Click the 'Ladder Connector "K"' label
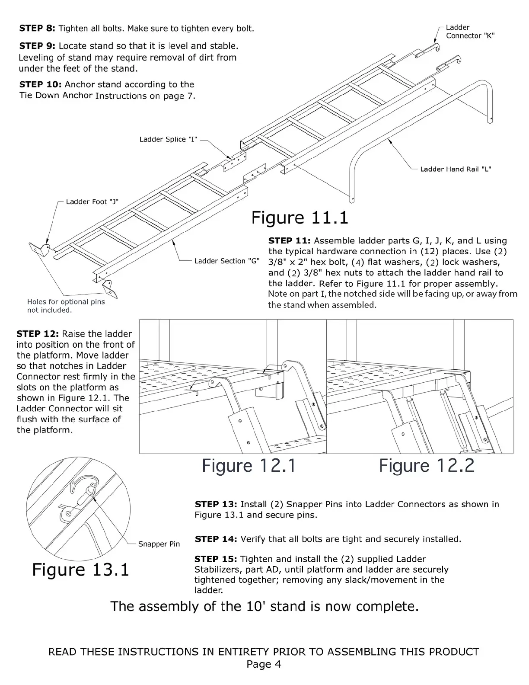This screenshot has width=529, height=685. (x=470, y=32)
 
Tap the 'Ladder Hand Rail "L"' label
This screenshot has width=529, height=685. (x=456, y=169)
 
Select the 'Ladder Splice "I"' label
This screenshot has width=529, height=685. (x=168, y=139)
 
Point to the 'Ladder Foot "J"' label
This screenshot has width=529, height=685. (x=92, y=202)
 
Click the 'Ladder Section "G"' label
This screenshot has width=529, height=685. (x=226, y=261)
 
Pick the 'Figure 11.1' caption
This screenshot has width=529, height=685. (x=300, y=218)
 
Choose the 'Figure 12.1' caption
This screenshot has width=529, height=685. (x=249, y=466)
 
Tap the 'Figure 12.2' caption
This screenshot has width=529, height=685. (x=427, y=466)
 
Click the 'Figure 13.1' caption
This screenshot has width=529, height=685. (x=81, y=570)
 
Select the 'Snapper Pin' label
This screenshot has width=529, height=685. (x=159, y=544)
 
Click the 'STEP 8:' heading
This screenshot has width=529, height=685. (x=37, y=29)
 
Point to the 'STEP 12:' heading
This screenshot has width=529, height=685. (x=38, y=334)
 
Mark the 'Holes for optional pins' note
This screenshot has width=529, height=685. (x=66, y=302)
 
